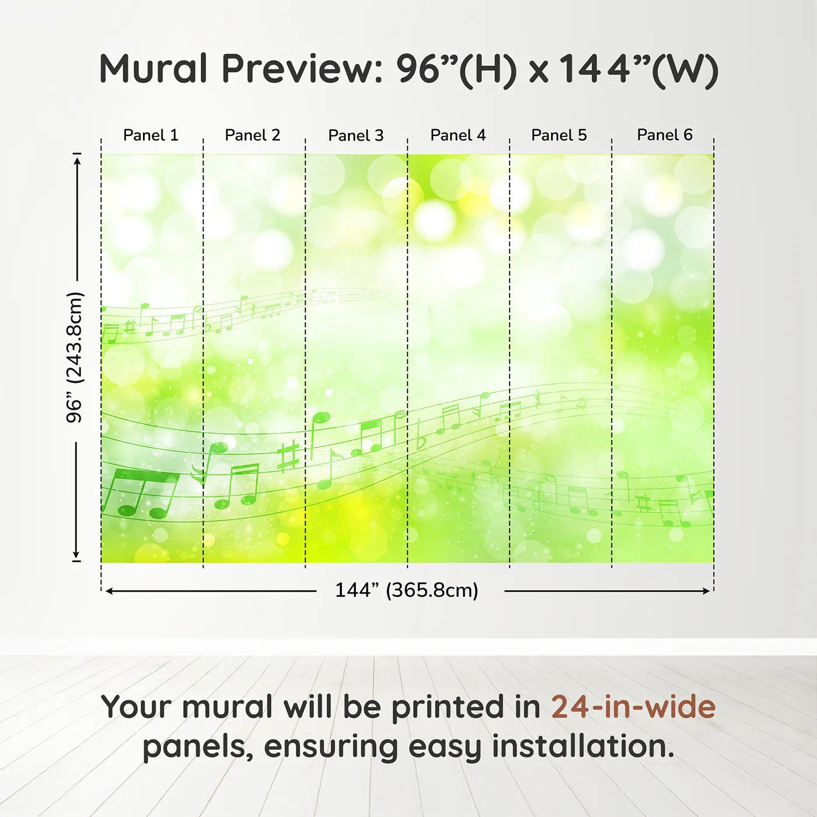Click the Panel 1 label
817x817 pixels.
point(151,135)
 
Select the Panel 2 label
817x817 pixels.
point(252,135)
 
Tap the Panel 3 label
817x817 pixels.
point(356,135)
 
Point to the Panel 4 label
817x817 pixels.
point(458,135)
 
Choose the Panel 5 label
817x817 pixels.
point(559,135)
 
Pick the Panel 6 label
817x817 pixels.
point(664,135)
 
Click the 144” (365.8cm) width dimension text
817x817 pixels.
point(407,590)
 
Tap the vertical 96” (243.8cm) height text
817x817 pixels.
point(75,357)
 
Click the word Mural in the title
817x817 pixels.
point(153,68)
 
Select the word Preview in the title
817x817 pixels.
point(302,69)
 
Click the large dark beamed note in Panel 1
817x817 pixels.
point(140,493)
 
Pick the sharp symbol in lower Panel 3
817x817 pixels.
point(288,456)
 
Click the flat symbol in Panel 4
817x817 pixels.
point(420,435)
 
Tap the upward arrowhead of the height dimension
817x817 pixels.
point(76,162)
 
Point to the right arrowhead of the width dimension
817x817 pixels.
point(706,591)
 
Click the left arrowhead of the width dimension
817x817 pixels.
point(109,591)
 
